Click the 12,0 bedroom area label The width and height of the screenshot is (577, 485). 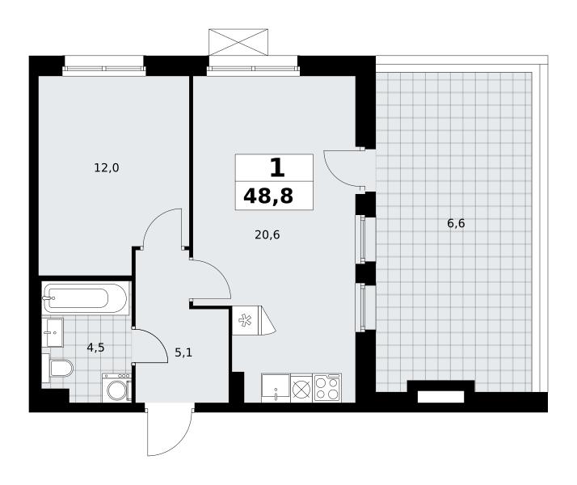click(107, 168)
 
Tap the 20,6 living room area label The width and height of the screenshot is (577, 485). click(267, 234)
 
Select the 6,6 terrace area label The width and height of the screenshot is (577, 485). click(456, 223)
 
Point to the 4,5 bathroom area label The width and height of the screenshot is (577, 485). click(95, 348)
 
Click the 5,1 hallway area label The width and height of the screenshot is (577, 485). click(183, 353)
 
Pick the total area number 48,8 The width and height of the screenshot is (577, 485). click(268, 196)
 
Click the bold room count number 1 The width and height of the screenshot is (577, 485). click(277, 167)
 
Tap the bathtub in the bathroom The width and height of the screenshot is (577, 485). click(86, 298)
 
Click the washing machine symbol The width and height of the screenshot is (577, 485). click(116, 387)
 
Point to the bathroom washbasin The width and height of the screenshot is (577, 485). click(53, 333)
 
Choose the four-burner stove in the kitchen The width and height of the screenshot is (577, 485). click(327, 388)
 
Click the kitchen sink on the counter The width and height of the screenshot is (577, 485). click(276, 388)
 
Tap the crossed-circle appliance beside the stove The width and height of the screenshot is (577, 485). click(301, 388)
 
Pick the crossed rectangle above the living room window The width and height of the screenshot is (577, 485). click(238, 42)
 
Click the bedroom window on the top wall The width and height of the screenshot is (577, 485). click(104, 69)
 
